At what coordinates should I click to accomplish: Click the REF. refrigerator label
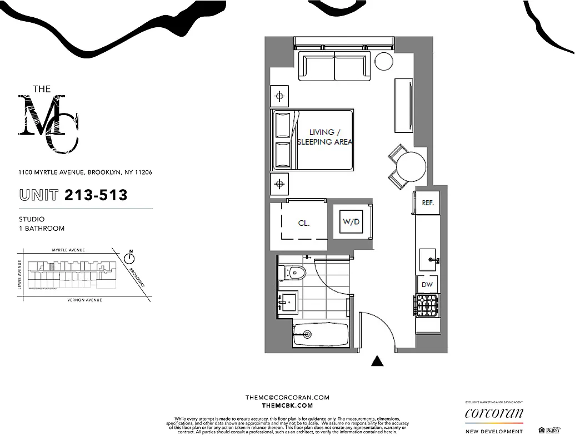tap(427, 203)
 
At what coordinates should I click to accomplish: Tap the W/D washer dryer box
tap(351, 221)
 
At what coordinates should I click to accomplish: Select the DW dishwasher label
tap(427, 285)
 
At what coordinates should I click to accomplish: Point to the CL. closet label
tap(303, 223)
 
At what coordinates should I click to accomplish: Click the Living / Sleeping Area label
tap(324, 137)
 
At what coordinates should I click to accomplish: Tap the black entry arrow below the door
tap(378, 362)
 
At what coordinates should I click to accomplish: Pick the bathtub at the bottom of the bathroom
tap(321, 335)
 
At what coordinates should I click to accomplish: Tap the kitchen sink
tap(428, 259)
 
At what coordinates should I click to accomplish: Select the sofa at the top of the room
tap(334, 66)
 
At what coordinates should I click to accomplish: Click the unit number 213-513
tap(96, 195)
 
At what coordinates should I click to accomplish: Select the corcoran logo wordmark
tap(494, 413)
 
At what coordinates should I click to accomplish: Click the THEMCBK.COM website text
tap(287, 407)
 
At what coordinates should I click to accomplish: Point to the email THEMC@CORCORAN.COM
tap(287, 398)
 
